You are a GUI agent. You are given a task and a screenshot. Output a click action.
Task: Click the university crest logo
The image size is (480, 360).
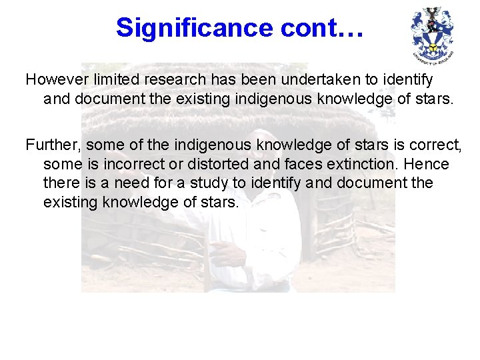pyautogui.click(x=433, y=34)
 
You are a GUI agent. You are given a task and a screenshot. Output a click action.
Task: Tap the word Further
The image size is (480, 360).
pyautogui.click(x=53, y=144)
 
